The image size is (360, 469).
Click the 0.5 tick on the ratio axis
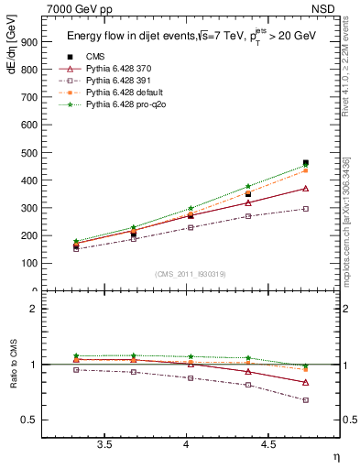click(x=30, y=420)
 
